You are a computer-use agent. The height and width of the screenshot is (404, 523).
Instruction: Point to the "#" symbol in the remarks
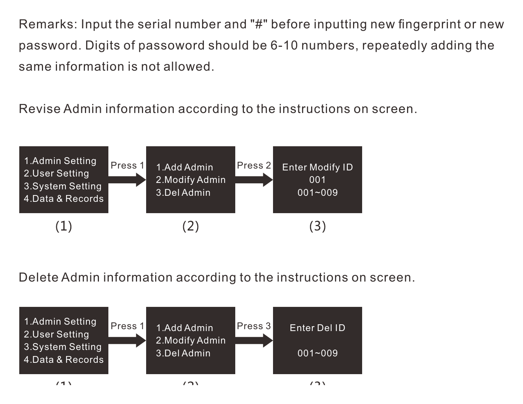click(259, 24)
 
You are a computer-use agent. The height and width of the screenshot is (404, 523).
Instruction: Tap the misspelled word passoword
click(171, 46)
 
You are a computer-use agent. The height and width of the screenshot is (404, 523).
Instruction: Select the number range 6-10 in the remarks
click(284, 45)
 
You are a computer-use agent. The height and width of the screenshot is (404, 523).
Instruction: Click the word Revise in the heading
click(40, 109)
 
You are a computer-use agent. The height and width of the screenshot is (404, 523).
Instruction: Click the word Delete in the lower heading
click(39, 277)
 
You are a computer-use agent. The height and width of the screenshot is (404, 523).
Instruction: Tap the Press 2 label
click(254, 166)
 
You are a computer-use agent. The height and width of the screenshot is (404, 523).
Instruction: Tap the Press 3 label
click(254, 326)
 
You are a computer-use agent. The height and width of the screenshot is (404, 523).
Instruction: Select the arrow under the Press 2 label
click(254, 180)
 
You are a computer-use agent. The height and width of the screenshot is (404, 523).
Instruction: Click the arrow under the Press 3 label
click(254, 341)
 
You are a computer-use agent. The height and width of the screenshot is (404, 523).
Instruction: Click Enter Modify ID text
click(318, 167)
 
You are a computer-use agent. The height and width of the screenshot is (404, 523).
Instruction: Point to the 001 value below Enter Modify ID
click(318, 180)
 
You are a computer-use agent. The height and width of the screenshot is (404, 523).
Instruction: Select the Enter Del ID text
click(318, 328)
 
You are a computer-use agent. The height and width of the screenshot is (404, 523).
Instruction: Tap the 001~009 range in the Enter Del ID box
click(318, 353)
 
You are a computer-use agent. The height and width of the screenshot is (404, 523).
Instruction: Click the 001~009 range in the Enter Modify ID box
click(318, 193)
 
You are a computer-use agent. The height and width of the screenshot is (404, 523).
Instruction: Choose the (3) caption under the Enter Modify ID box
click(318, 226)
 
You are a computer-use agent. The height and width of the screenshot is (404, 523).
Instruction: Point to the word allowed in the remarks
click(189, 67)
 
